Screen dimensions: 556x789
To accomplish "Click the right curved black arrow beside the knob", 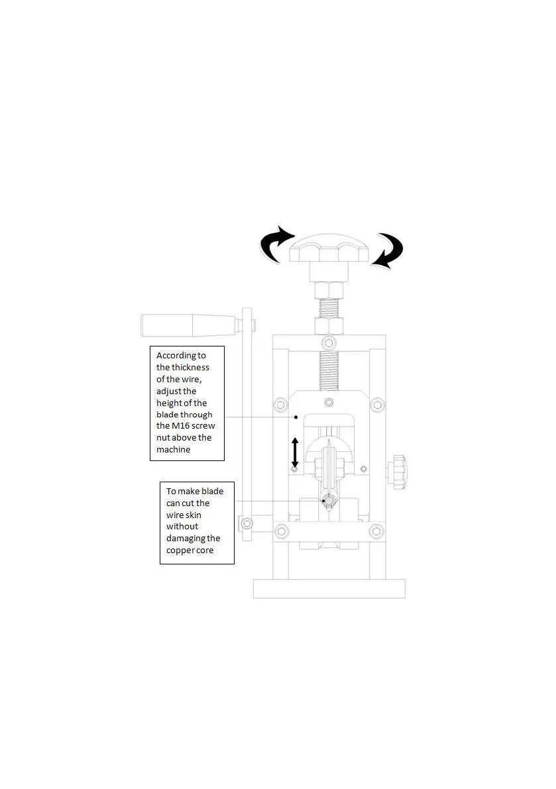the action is pyautogui.click(x=388, y=252).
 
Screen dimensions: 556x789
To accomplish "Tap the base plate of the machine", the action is pyautogui.click(x=329, y=588).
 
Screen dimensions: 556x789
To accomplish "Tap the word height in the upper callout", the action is pyautogui.click(x=170, y=403).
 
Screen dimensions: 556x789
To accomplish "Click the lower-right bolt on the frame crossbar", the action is pyautogui.click(x=376, y=531).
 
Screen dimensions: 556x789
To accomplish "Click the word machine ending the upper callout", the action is pyautogui.click(x=173, y=450).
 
